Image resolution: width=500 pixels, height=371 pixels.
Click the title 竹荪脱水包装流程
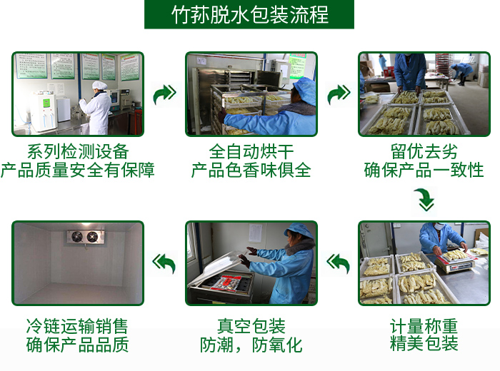[x=250, y=15]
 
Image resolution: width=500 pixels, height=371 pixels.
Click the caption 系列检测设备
[x=78, y=151]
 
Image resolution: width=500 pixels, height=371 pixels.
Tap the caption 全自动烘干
[x=251, y=151]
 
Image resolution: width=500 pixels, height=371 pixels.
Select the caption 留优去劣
[x=424, y=151]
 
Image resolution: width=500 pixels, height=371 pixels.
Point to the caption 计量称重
[x=424, y=326]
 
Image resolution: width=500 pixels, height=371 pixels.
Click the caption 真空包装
[x=251, y=326]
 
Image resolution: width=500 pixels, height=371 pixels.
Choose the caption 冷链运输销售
[x=77, y=326]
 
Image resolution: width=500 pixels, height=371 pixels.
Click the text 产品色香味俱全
[x=251, y=170]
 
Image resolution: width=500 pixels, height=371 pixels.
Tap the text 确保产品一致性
[x=424, y=170]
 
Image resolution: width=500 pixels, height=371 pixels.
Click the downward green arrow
[x=426, y=200]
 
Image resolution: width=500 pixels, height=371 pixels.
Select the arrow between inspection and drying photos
[x=164, y=94]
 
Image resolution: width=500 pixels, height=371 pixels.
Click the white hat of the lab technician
[x=99, y=85]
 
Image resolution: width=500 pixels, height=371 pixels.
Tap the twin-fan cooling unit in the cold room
[x=85, y=236]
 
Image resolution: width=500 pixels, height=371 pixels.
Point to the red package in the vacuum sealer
[x=226, y=283]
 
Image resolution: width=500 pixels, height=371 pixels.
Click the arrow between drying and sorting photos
[x=339, y=94]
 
